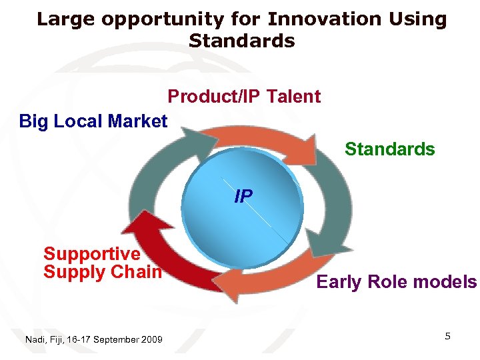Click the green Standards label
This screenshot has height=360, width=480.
click(389, 149)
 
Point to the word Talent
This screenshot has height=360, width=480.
click(293, 97)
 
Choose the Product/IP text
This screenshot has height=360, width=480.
click(214, 97)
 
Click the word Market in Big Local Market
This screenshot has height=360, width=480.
click(137, 121)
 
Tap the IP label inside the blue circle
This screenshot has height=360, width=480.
click(243, 197)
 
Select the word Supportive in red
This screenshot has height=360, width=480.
click(92, 253)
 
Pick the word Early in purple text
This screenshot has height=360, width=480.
click(338, 282)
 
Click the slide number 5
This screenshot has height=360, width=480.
click(447, 336)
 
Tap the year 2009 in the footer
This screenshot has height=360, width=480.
click(151, 340)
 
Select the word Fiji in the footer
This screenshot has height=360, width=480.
click(58, 340)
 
